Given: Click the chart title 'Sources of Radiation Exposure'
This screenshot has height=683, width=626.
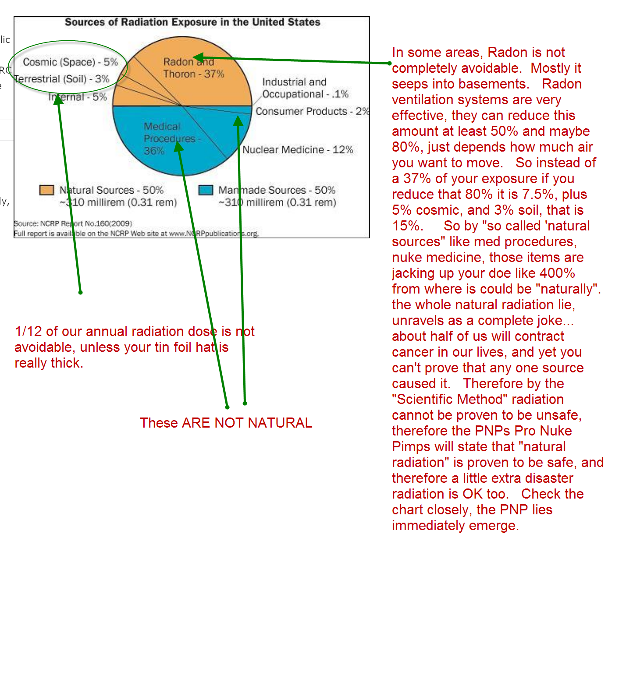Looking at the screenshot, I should click(x=192, y=22).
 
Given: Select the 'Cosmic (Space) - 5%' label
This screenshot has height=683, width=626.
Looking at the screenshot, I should click(x=70, y=62).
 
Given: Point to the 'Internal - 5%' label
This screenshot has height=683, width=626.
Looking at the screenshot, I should click(x=78, y=97).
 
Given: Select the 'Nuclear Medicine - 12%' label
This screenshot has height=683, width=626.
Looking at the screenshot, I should click(x=298, y=150).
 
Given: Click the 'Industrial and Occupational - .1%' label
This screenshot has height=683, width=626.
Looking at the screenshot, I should click(x=305, y=88).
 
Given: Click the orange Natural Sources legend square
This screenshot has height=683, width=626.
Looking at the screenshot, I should click(x=46, y=190).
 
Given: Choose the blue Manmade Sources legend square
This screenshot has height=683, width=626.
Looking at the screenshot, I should click(x=206, y=190).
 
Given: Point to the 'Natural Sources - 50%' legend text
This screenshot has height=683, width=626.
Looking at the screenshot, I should click(x=111, y=190).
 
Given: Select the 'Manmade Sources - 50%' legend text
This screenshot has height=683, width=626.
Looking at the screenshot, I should click(x=277, y=190).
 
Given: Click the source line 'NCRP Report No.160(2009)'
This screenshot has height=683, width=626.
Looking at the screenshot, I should click(x=73, y=223).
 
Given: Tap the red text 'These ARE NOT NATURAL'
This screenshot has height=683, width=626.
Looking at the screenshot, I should click(x=226, y=423).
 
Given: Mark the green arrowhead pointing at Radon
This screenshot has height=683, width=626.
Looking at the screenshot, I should click(x=198, y=57).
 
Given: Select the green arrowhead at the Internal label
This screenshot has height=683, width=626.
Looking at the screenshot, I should click(x=58, y=99).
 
